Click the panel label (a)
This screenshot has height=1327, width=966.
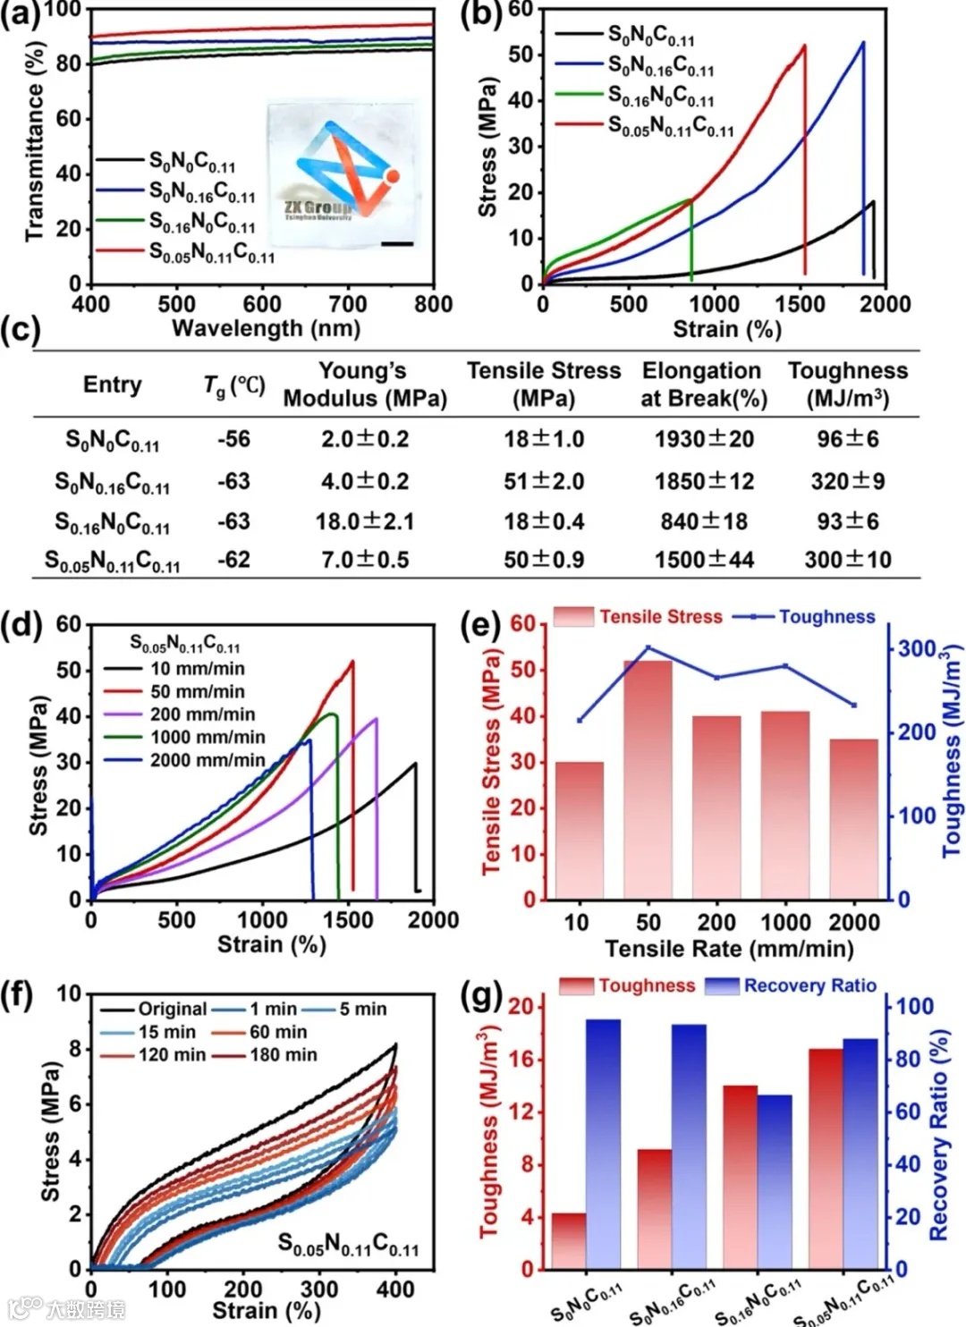click(x=21, y=15)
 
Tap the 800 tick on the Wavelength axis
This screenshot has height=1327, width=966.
click(x=433, y=304)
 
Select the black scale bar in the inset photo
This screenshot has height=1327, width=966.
click(x=397, y=242)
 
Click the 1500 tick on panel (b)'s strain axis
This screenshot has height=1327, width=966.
click(x=800, y=304)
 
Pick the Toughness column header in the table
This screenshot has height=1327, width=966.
click(x=847, y=384)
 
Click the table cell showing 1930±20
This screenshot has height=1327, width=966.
click(x=704, y=439)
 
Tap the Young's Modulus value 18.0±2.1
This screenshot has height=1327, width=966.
click(x=365, y=520)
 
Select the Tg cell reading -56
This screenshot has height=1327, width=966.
click(x=233, y=439)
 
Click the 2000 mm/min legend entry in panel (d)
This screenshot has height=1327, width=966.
click(x=207, y=760)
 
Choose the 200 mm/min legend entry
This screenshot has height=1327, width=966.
click(x=202, y=714)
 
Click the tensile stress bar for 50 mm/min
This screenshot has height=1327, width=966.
click(x=648, y=778)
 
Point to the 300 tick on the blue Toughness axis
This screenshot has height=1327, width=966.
click(x=917, y=648)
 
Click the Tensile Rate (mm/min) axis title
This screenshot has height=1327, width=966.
click(x=729, y=948)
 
